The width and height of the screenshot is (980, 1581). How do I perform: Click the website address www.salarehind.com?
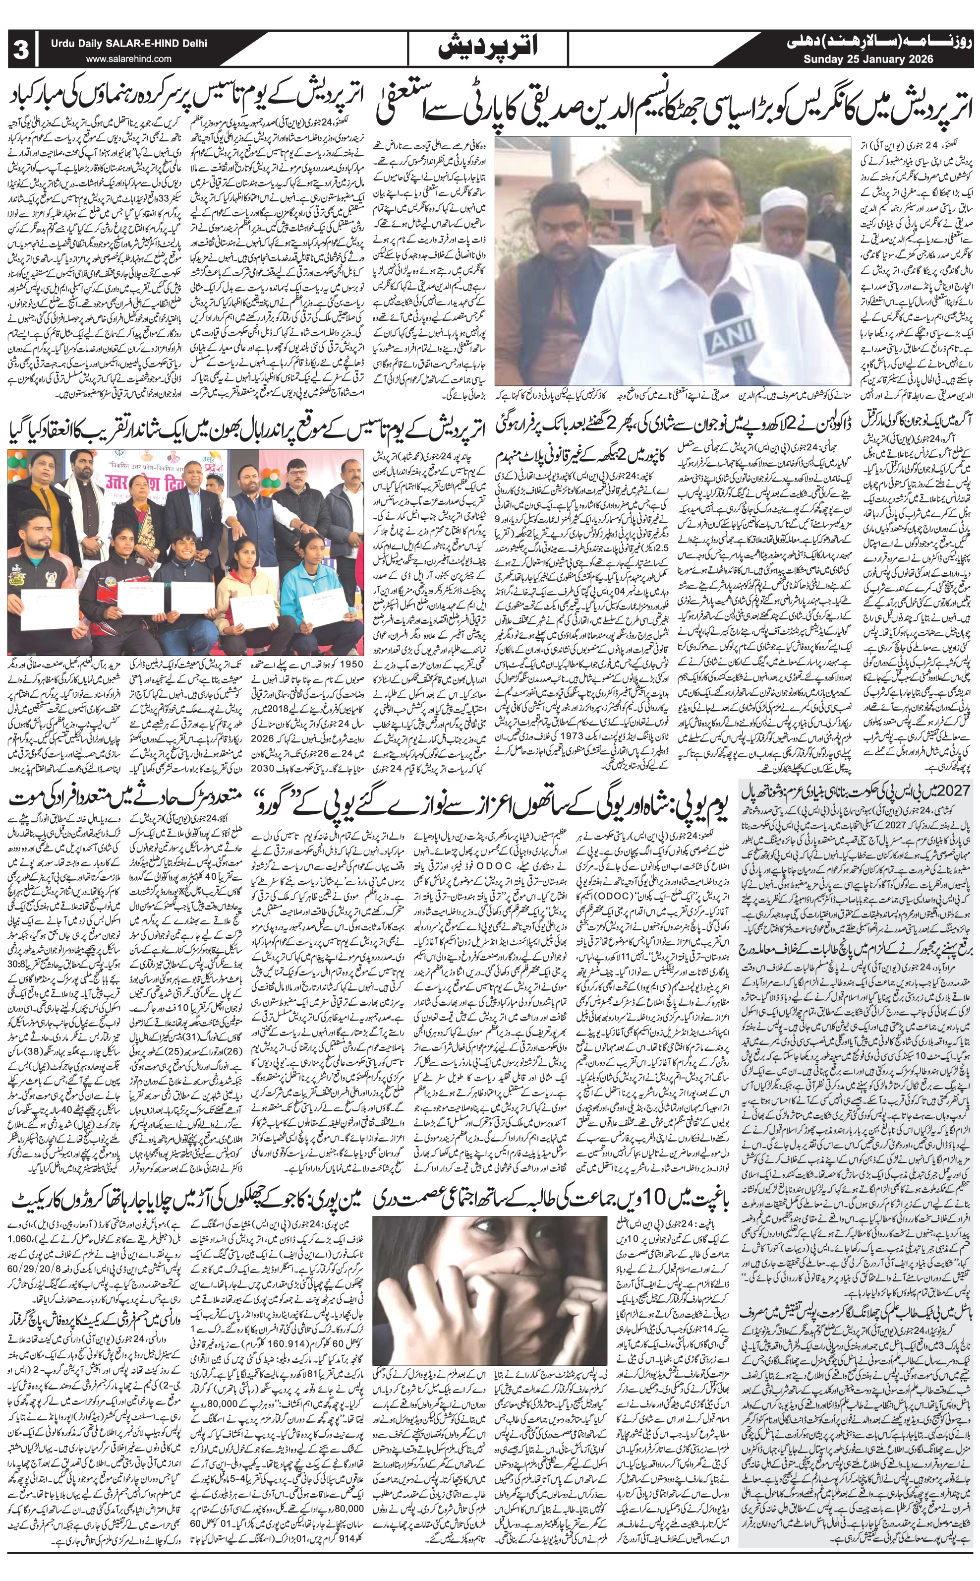point(129,59)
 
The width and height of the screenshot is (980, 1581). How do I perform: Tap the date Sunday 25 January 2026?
point(868,59)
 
